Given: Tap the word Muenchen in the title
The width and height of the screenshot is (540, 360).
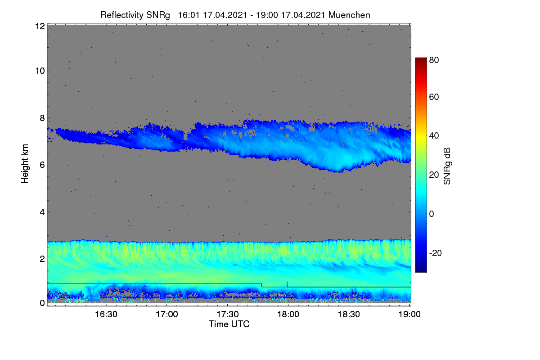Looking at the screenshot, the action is [349, 15].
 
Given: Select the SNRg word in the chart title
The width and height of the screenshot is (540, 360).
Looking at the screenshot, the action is [158, 15].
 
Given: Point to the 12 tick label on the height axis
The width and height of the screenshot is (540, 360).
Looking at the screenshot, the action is [40, 26].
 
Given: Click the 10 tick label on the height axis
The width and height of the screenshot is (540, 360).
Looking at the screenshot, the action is [40, 71].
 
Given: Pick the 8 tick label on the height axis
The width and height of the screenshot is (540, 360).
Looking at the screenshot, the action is [42, 118].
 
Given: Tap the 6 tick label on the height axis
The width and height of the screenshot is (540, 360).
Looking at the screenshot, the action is [42, 165].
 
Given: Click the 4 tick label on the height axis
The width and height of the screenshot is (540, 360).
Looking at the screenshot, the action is [42, 212].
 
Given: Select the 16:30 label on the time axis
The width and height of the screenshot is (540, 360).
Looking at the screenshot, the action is [106, 315].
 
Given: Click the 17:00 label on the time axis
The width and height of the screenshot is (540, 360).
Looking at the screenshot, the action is [167, 315].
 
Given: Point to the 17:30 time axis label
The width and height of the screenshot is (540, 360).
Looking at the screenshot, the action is [228, 315].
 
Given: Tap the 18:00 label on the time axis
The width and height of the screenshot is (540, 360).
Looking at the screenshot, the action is [288, 315].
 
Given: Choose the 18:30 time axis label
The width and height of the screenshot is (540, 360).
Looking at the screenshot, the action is [349, 315].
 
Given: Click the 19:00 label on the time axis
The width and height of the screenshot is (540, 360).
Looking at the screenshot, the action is [409, 315].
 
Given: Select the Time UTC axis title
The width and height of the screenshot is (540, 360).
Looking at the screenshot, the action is [229, 324].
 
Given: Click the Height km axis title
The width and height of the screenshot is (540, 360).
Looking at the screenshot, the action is [25, 164].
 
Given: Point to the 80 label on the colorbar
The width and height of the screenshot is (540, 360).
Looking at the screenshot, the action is [434, 60].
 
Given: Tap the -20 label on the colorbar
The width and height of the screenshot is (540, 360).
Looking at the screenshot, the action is [435, 253].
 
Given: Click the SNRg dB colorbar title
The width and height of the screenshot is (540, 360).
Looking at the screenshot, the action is [447, 166].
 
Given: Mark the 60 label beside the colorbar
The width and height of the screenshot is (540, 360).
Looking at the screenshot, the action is [434, 97].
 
